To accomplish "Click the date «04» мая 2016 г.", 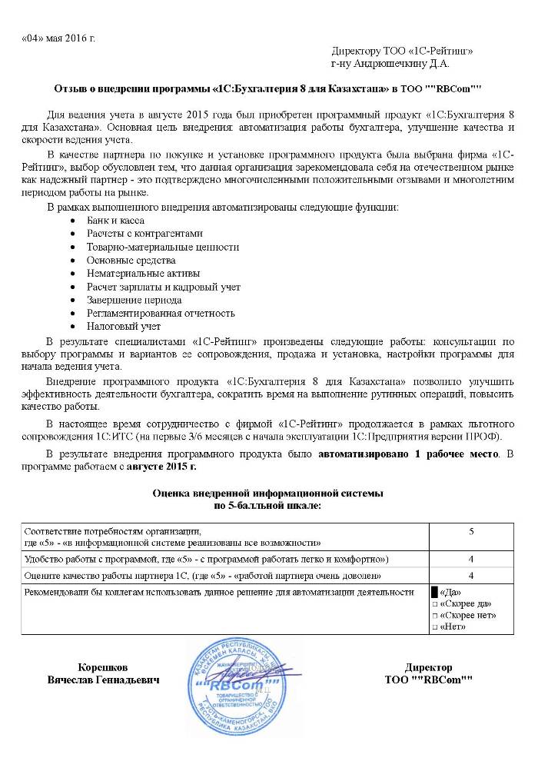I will tap(58, 38).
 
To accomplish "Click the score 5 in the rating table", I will tap(470, 530).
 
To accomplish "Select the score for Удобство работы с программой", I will tap(470, 559).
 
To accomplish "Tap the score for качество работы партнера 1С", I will tap(470, 575).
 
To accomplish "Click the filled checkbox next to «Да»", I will tap(434, 592).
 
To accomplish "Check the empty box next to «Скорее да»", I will tap(434, 604).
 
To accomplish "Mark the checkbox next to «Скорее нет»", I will tap(434, 616).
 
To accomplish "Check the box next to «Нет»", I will tap(434, 627).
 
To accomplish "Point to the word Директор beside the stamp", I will tap(428, 667).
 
